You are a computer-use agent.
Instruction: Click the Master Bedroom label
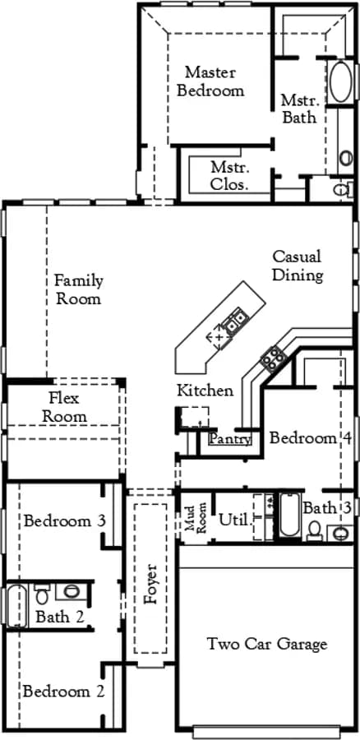click(210, 81)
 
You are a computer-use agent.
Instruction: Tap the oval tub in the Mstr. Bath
click(339, 82)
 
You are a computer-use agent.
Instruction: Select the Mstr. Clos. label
click(230, 176)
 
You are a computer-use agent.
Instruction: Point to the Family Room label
click(78, 289)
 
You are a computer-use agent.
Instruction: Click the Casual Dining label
click(298, 266)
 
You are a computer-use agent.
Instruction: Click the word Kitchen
click(205, 391)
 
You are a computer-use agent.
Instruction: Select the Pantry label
click(230, 439)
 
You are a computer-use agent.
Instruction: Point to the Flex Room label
click(65, 407)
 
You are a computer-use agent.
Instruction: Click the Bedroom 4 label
click(311, 438)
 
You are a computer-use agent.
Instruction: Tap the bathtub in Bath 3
click(289, 515)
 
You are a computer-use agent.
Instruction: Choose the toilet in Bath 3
click(314, 530)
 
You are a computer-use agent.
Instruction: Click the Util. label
click(234, 520)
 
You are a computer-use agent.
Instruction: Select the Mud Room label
click(196, 517)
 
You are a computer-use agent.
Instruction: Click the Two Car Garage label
click(267, 644)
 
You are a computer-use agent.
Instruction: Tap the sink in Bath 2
click(72, 591)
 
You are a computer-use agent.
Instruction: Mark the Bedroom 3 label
click(64, 521)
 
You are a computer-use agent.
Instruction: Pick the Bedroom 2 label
click(63, 691)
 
